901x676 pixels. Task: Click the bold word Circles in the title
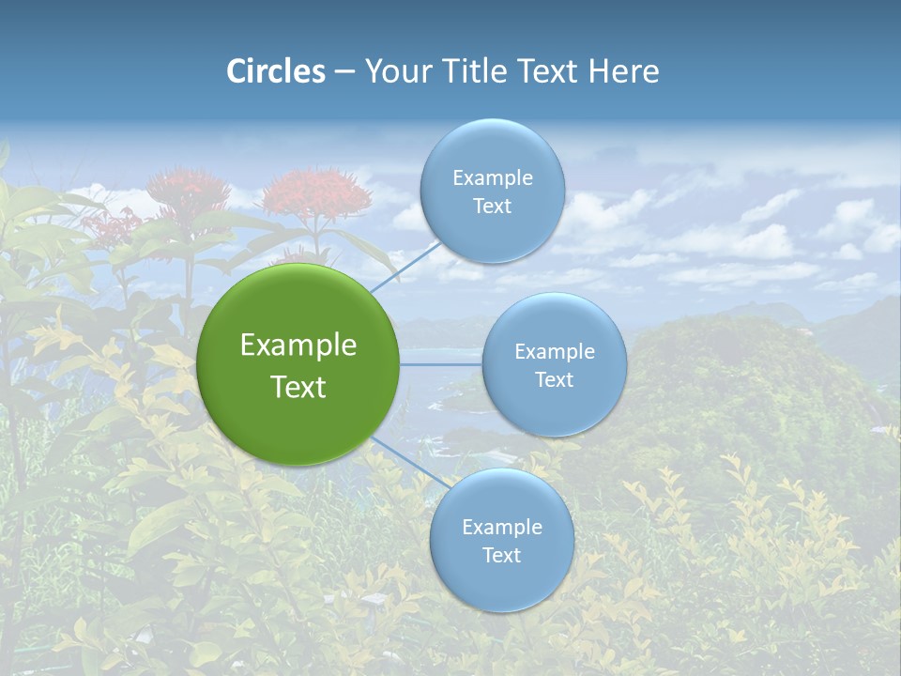coord(276,71)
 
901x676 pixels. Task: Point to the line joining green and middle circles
coord(440,364)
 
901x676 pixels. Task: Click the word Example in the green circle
coord(298,346)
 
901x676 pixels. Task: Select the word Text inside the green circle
coord(298,387)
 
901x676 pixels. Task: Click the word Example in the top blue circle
coord(493,178)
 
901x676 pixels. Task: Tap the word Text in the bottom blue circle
coord(501,556)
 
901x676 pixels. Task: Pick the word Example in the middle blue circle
coord(555,352)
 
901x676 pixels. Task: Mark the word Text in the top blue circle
coord(492,207)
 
